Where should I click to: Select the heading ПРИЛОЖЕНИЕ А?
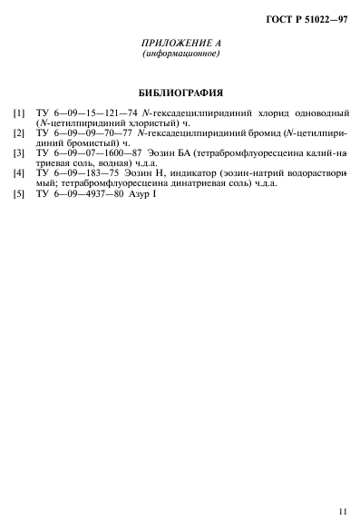point(181,44)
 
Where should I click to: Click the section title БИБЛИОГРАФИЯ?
point(181,93)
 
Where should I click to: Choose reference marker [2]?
point(17,133)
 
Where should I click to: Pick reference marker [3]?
point(17,153)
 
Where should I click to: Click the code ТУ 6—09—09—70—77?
point(72,133)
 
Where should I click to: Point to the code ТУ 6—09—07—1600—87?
point(78,153)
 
